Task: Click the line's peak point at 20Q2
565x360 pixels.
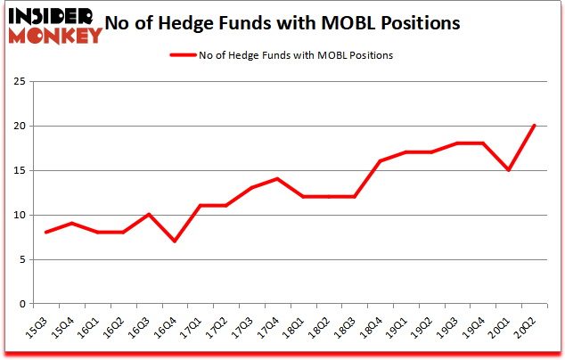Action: click(x=536, y=126)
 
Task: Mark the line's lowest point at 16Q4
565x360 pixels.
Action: click(x=174, y=241)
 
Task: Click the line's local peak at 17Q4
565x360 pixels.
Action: click(x=277, y=179)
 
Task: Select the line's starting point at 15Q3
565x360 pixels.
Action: click(x=45, y=233)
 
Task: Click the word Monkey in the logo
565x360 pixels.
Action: click(x=55, y=37)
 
